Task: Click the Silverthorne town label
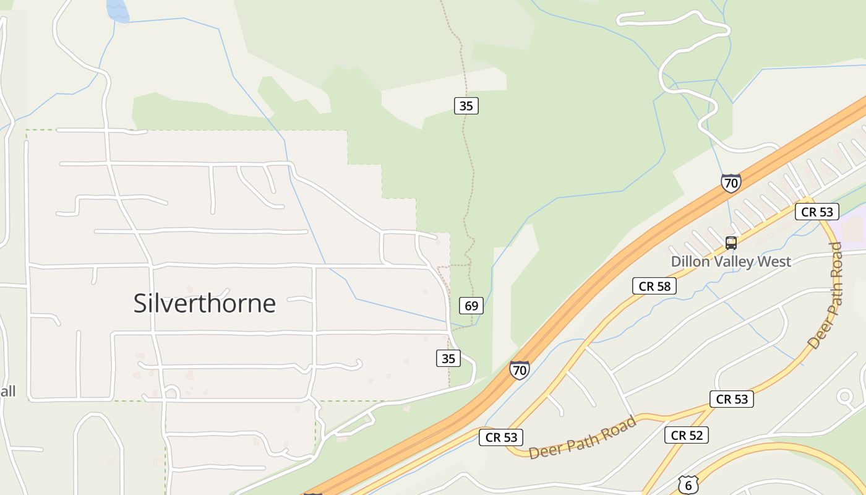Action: click(204, 303)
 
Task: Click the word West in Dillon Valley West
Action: click(774, 262)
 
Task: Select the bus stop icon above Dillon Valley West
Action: click(731, 243)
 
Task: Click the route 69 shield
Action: click(471, 306)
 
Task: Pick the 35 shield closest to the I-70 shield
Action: click(448, 358)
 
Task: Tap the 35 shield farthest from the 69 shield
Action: click(466, 106)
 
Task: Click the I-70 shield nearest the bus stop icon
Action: click(731, 183)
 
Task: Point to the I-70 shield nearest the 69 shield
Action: click(520, 370)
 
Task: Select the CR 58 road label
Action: click(654, 286)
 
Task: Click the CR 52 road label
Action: click(687, 435)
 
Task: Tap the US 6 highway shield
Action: click(688, 485)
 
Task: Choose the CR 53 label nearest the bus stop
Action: click(817, 212)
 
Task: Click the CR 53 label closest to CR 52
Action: click(732, 399)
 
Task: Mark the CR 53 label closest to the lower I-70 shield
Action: click(501, 437)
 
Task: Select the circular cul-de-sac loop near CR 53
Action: click(845, 397)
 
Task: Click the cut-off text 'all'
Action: click(7, 391)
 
